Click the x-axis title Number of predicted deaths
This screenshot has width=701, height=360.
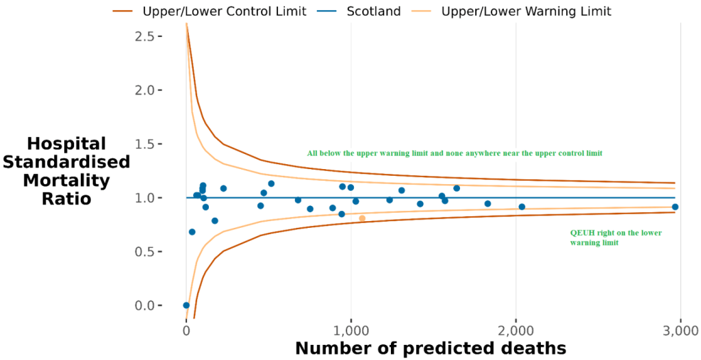pyautogui.click(x=431, y=348)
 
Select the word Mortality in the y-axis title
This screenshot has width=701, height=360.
pyautogui.click(x=67, y=181)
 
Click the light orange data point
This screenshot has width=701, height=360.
pyautogui.click(x=362, y=218)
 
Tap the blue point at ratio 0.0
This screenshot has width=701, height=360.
pyautogui.click(x=186, y=305)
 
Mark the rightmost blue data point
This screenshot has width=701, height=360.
pyautogui.click(x=675, y=207)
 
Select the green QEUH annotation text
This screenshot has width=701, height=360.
pyautogui.click(x=615, y=237)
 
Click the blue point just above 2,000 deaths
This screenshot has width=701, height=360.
pyautogui.click(x=522, y=207)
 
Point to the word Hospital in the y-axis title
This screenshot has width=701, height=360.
pyautogui.click(x=67, y=144)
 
